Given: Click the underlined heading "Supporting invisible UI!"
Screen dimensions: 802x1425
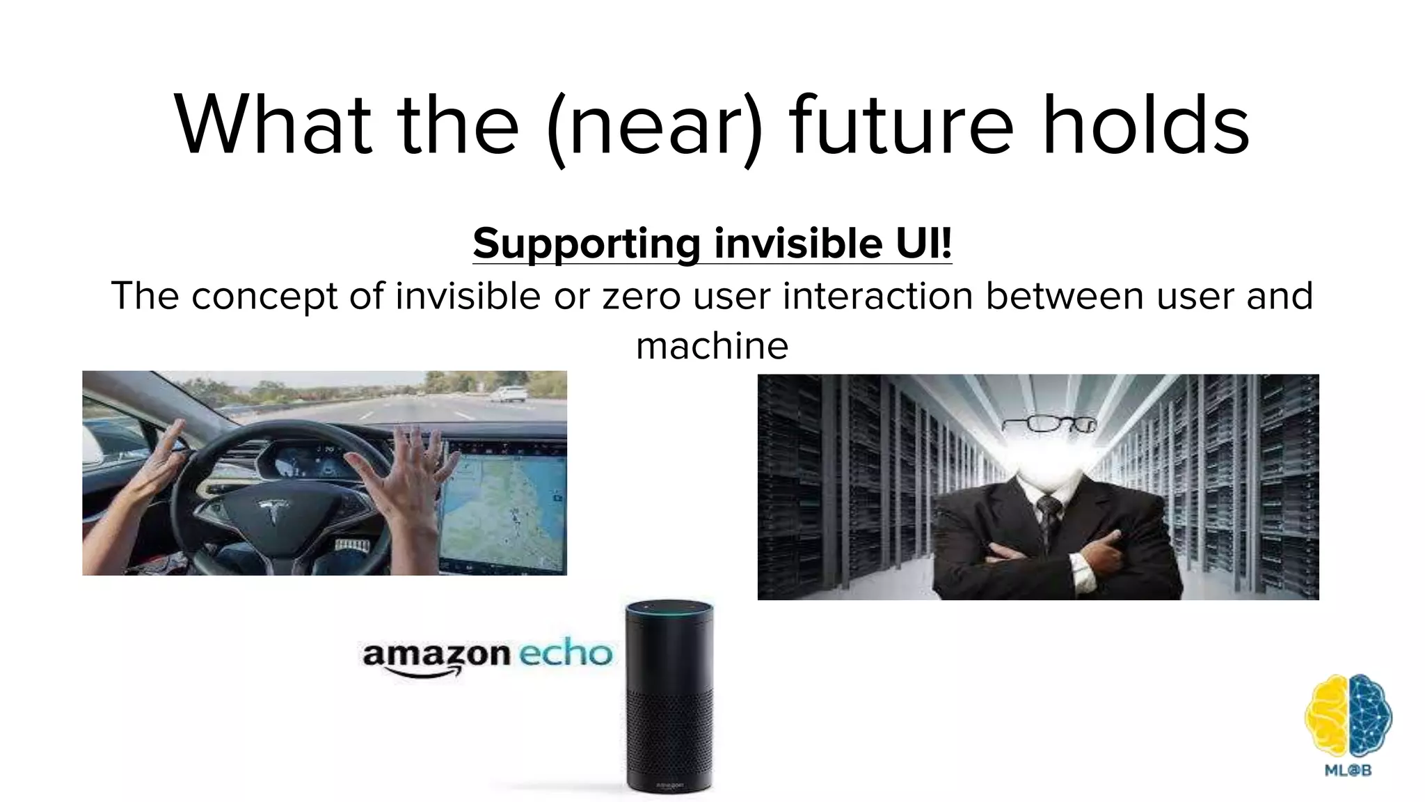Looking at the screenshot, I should coord(712,244).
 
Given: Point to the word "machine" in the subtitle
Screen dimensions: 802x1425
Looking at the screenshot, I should coord(712,345).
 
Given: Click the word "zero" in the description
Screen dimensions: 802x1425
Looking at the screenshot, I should coord(640,296).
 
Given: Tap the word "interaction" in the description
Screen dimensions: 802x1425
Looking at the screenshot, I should coord(878,296).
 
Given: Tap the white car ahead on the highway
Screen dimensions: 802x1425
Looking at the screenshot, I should coord(507,394).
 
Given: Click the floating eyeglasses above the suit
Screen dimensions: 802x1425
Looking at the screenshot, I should coord(1049,423).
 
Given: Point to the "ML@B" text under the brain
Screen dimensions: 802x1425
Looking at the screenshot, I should coord(1348,770).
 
